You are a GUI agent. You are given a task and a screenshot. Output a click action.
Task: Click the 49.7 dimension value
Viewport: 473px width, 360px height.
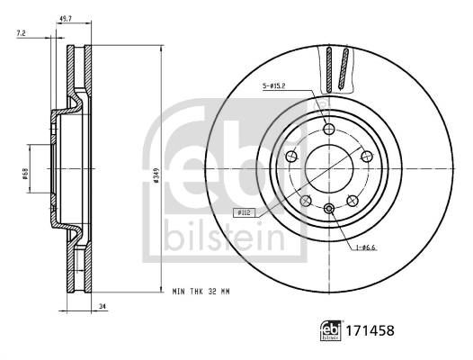pos(66,19)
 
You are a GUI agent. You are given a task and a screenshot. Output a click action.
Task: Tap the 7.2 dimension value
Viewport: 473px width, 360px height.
pos(21,33)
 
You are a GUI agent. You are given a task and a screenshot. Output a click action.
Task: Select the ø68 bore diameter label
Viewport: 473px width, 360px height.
pos(25,174)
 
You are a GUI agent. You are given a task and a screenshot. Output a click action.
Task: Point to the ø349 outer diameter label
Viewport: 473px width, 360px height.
pos(156,175)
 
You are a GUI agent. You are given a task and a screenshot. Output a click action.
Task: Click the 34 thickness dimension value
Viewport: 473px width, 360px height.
pos(103,307)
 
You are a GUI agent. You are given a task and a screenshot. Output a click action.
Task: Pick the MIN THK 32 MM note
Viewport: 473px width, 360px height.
pos(201,292)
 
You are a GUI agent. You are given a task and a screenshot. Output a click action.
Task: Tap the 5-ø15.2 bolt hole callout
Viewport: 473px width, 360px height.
pos(274,86)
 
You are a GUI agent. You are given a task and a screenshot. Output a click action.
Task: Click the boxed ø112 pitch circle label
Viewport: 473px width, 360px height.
pos(244,212)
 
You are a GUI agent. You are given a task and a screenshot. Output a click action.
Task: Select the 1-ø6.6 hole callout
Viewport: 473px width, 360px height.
pos(365,247)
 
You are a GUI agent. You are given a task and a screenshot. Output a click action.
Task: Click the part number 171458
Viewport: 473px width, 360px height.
pos(370,330)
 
